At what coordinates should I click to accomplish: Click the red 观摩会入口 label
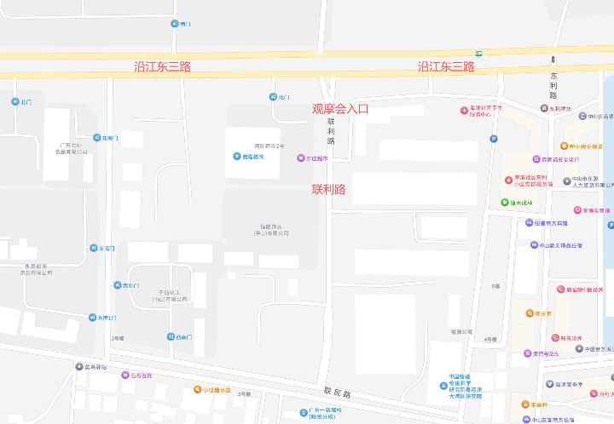(340, 109)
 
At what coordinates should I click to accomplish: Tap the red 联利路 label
(328, 189)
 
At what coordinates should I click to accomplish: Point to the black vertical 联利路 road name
(331, 131)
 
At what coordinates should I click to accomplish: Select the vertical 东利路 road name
(553, 85)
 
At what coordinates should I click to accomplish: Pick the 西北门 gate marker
(118, 285)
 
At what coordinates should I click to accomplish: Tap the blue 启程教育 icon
(236, 156)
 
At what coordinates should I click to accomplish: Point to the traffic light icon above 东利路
(553, 60)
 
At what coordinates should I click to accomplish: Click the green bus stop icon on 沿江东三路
(478, 54)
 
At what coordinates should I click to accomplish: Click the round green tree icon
(503, 203)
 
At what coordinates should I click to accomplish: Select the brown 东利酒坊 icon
(543, 108)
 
